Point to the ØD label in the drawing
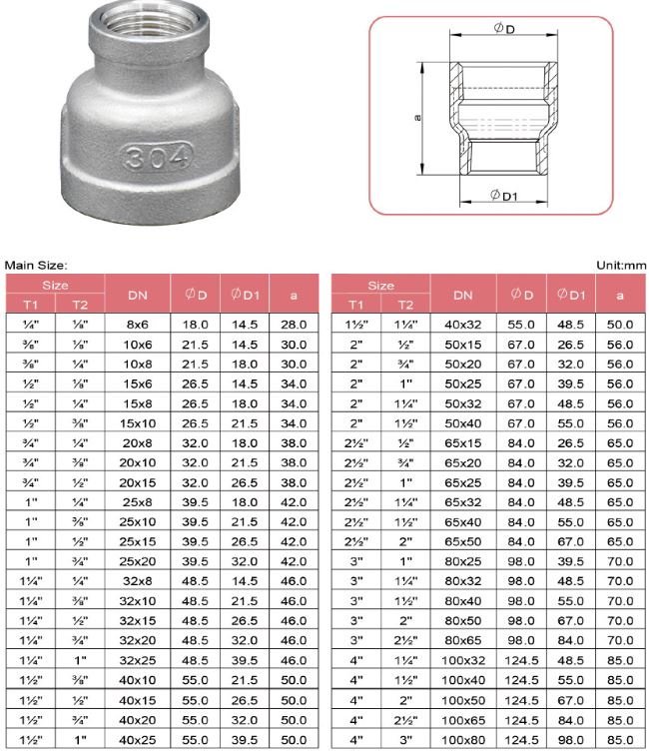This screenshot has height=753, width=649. coord(503,30)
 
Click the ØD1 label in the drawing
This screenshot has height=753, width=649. coord(503,196)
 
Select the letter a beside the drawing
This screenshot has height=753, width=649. coord(417,118)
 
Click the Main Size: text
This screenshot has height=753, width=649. coord(36,265)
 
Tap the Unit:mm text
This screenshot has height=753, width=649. coord(620,265)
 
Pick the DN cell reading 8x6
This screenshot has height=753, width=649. coord(138,325)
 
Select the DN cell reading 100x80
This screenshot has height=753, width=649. coord(462,740)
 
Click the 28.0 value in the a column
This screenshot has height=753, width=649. coord(294,325)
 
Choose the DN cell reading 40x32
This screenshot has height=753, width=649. coord(462,325)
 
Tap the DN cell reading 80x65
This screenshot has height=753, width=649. coord(462,636)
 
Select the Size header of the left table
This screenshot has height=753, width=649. coord(55,286)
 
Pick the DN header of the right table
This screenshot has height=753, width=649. coord(462,295)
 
